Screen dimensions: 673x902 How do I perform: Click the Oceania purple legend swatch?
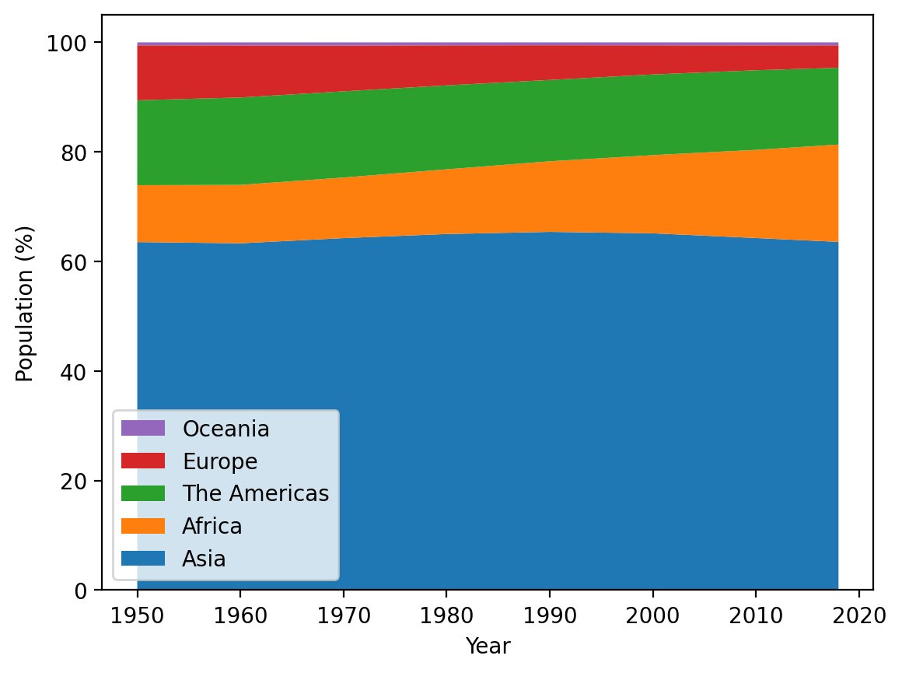point(143,429)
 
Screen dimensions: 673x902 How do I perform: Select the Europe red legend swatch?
point(143,461)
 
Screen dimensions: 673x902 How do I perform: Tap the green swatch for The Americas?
point(143,493)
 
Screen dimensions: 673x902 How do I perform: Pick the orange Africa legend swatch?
point(143,527)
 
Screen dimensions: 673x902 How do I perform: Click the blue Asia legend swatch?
point(143,559)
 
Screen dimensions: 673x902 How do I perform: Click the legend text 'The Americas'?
point(256,493)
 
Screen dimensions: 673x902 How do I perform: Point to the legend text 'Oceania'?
point(226,429)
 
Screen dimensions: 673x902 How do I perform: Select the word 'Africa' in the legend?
point(212,527)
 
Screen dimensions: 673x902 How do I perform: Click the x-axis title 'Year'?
point(488,646)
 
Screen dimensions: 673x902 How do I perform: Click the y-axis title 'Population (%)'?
point(26,303)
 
